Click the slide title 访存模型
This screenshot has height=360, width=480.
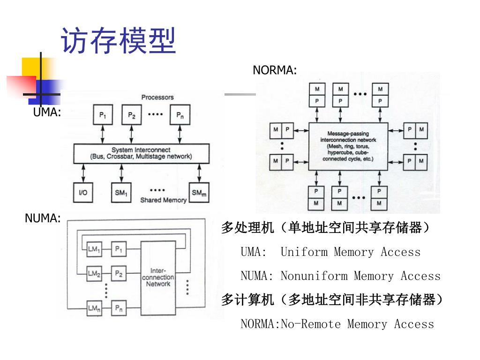click(x=119, y=41)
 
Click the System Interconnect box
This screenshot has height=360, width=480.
click(x=141, y=153)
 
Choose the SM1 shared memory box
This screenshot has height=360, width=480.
click(x=121, y=192)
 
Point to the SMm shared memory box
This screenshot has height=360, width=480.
click(x=199, y=192)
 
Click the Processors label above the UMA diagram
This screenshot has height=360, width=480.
click(x=157, y=97)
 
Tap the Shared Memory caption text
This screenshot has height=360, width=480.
click(x=163, y=200)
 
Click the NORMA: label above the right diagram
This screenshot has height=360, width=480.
click(x=275, y=70)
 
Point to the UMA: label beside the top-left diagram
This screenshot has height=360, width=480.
click(x=47, y=112)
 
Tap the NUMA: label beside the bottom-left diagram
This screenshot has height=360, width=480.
click(x=43, y=218)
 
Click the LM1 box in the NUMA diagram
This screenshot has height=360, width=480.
click(x=94, y=249)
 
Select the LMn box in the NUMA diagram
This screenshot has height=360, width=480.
click(x=94, y=308)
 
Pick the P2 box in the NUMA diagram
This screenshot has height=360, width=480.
click(x=119, y=273)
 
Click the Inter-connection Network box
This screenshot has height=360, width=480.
click(x=158, y=277)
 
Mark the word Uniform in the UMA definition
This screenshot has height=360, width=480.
click(x=304, y=252)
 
